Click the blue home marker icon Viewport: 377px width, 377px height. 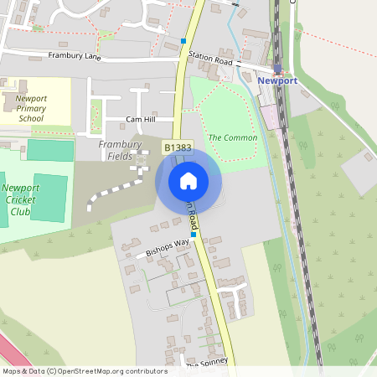pos(188,181)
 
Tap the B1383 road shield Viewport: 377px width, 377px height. pos(178,147)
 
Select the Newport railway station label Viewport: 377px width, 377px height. pos(276,80)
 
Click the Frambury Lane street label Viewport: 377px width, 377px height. pos(74,55)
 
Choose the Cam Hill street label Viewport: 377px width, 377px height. pos(141,120)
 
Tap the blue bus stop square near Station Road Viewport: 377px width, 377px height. pos(183,40)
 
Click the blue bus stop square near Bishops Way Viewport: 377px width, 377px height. pos(193,235)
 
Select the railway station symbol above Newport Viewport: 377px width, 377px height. pos(278,69)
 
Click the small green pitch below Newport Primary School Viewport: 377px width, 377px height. pos(50,150)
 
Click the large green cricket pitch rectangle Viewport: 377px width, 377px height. pos(49,198)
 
